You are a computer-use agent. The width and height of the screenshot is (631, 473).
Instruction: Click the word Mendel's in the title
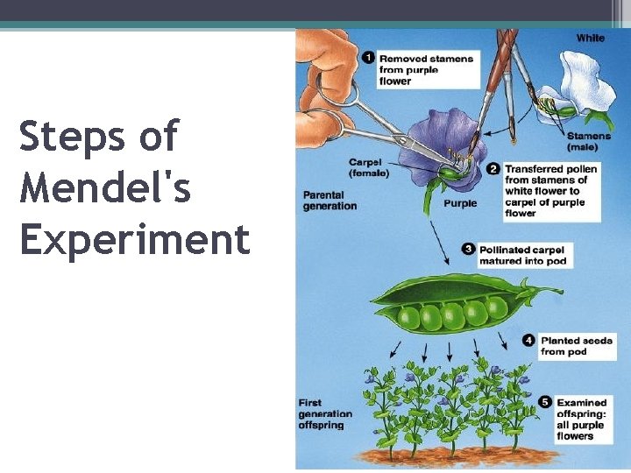click(x=105, y=188)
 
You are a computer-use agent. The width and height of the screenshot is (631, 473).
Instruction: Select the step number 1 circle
click(x=369, y=58)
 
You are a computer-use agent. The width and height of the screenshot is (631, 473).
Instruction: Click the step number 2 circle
click(x=494, y=168)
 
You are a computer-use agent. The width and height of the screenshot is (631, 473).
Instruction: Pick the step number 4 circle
click(x=529, y=340)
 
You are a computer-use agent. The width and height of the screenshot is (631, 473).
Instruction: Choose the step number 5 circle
click(x=545, y=402)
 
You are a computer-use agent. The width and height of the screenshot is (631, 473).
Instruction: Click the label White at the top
click(x=590, y=38)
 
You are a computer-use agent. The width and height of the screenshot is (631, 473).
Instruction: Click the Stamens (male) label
click(x=588, y=141)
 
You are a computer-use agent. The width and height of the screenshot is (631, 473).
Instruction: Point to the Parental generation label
click(x=330, y=200)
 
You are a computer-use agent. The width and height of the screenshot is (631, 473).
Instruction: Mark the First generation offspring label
click(x=325, y=413)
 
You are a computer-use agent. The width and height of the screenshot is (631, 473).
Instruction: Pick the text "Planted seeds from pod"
click(x=576, y=345)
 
